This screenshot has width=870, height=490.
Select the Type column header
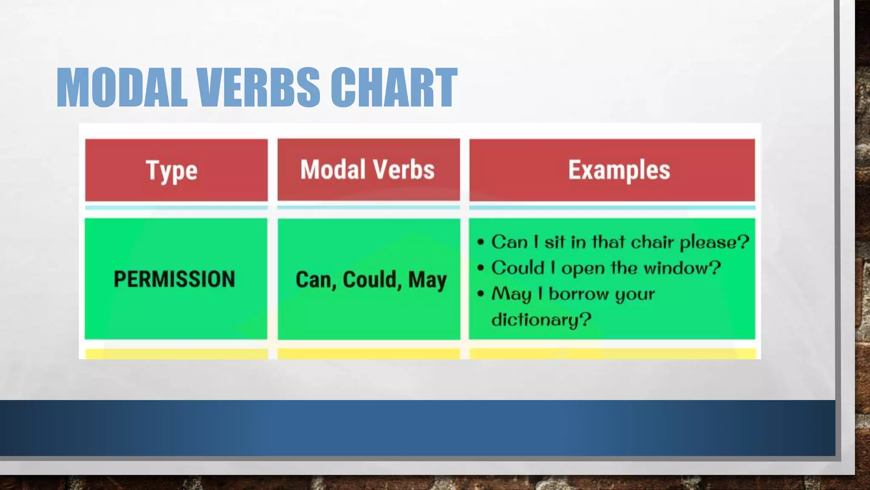[x=172, y=171]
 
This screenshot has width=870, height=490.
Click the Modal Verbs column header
[x=368, y=170]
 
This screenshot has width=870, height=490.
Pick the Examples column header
[x=619, y=170]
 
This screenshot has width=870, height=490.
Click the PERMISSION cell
[x=175, y=279]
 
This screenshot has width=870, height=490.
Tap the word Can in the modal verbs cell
[x=313, y=280]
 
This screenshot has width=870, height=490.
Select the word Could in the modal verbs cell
[x=370, y=280]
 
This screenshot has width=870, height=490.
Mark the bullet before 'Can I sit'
[x=480, y=242]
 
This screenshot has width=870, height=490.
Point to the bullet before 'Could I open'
[x=480, y=268]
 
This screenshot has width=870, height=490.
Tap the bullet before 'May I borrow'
[x=480, y=294]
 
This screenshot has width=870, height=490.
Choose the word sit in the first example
[x=554, y=242]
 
